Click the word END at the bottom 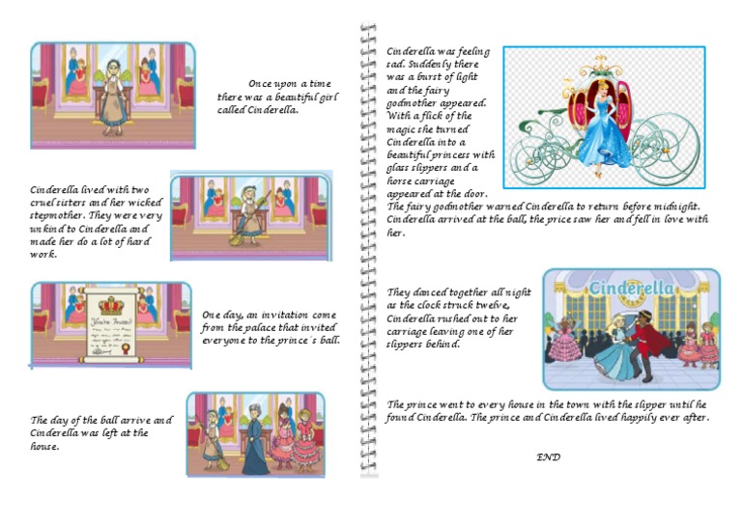(x=548, y=456)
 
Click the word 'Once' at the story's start (x=260, y=84)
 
